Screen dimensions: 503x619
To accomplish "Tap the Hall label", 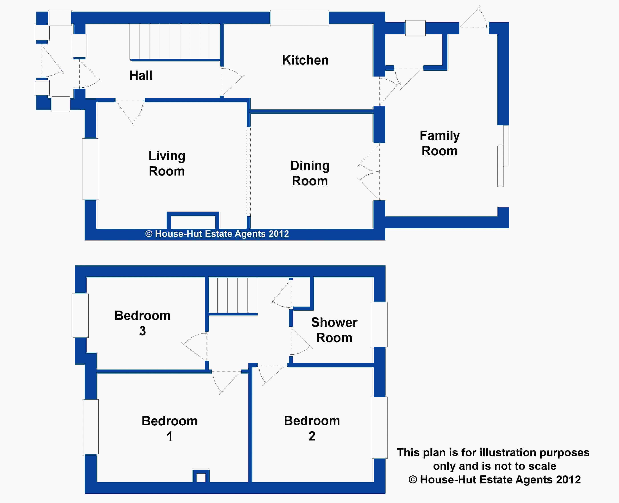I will point(141,76).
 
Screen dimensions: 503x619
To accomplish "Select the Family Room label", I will point(440,143).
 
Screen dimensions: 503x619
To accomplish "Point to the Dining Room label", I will point(310,173).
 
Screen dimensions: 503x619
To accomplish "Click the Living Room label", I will point(167,164).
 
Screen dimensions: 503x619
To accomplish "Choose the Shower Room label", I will point(334,330).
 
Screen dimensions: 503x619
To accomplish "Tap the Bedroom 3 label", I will point(142,323).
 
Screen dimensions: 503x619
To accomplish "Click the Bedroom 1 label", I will point(170,428).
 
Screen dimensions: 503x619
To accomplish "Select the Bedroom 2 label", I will point(312,428).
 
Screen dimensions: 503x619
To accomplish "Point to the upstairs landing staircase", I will point(233,295).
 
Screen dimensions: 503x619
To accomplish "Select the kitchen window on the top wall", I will point(300,18).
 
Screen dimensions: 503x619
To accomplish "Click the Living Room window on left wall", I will point(90,169).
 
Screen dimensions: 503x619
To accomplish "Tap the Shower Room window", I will point(380,325).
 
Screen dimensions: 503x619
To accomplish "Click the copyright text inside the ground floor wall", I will point(217,234).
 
